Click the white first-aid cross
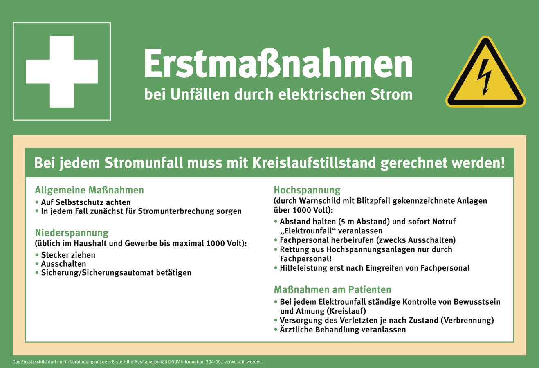click(x=62, y=72)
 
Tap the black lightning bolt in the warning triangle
click(x=484, y=77)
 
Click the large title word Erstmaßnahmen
click(x=278, y=63)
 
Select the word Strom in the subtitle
click(x=391, y=94)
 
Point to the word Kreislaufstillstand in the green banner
click(x=314, y=163)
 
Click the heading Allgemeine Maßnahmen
click(x=89, y=190)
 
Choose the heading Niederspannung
click(x=72, y=233)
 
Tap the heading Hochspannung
click(x=307, y=190)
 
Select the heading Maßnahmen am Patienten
click(x=332, y=289)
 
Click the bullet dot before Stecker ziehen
click(x=37, y=254)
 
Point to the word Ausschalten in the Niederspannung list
click(x=63, y=264)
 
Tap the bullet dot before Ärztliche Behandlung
click(x=276, y=329)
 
